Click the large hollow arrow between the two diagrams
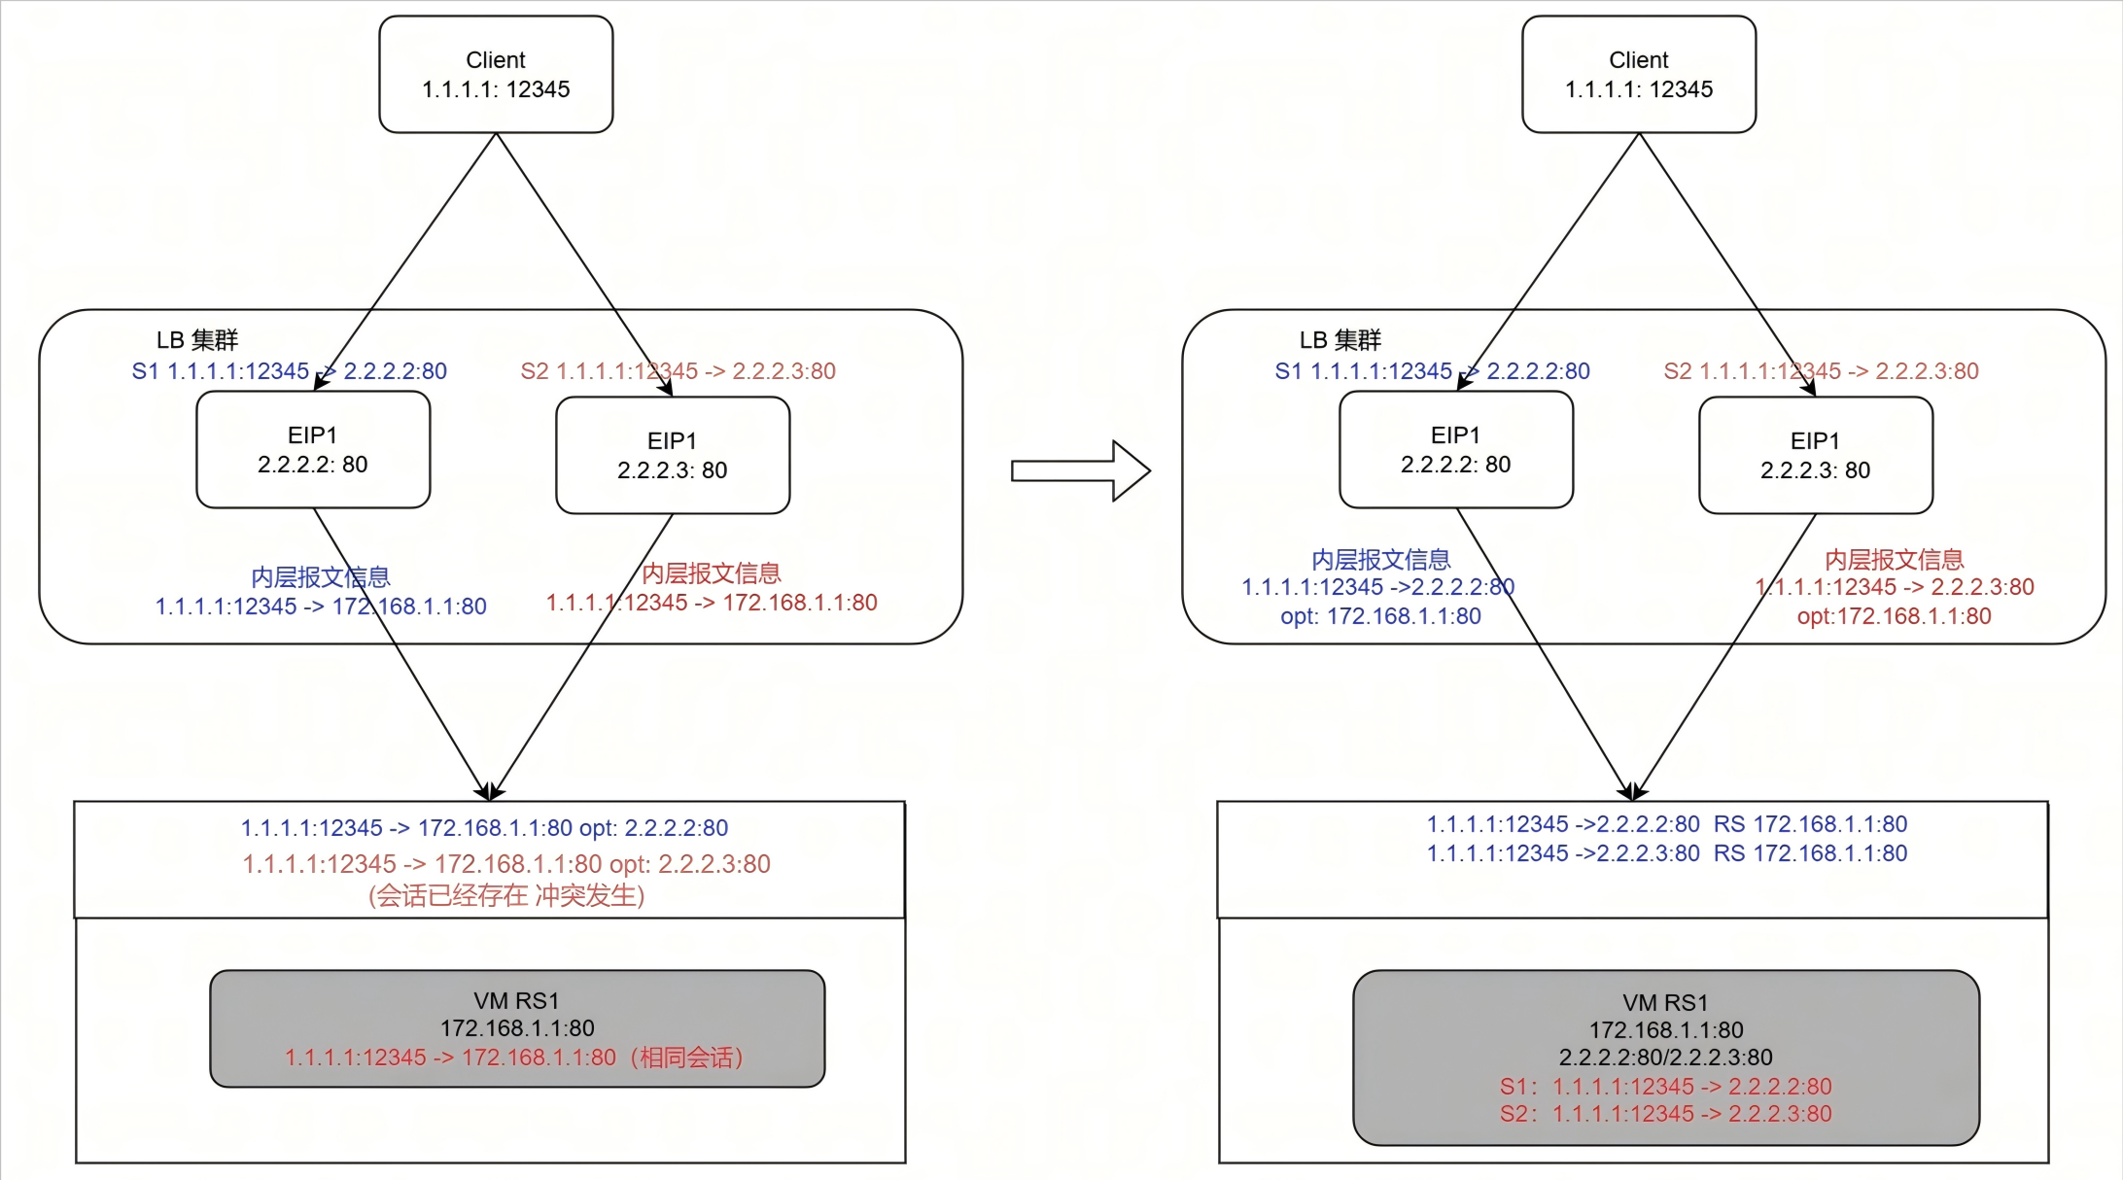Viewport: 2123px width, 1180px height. pyautogui.click(x=1079, y=471)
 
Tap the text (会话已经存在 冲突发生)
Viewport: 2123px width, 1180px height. pyautogui.click(x=506, y=895)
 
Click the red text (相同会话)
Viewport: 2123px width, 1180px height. pyautogui.click(x=687, y=1058)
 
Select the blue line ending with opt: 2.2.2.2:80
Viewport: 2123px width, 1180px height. pyautogui.click(x=484, y=828)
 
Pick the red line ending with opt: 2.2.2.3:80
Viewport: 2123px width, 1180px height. pyautogui.click(x=505, y=864)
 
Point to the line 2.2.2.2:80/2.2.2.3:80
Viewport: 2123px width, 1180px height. pyautogui.click(x=1665, y=1058)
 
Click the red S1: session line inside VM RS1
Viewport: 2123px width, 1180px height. pyautogui.click(x=1665, y=1087)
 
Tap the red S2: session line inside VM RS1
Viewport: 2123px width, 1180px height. pyautogui.click(x=1665, y=1114)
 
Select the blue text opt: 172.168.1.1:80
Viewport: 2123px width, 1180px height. pyautogui.click(x=1380, y=616)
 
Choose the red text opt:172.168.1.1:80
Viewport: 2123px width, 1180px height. pyautogui.click(x=1894, y=616)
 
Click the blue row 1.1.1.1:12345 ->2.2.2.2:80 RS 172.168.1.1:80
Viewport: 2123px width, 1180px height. pyautogui.click(x=1666, y=824)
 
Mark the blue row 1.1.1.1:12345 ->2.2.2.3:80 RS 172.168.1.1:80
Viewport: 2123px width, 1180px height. pyautogui.click(x=1666, y=853)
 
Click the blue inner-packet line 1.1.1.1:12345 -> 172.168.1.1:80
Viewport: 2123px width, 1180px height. pyautogui.click(x=321, y=607)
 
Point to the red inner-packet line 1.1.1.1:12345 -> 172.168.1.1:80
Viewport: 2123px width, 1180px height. pyautogui.click(x=712, y=603)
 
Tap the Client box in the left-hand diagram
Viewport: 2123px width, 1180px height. pyautogui.click(x=496, y=74)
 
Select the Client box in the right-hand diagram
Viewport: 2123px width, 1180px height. pyautogui.click(x=1639, y=74)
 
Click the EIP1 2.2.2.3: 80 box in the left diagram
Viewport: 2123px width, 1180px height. pyautogui.click(x=673, y=455)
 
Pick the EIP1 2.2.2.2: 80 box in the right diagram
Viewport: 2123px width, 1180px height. pyautogui.click(x=1455, y=449)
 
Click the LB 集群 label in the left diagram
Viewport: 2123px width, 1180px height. pyautogui.click(x=197, y=340)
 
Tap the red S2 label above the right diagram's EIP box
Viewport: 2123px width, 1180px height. pyautogui.click(x=1821, y=371)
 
